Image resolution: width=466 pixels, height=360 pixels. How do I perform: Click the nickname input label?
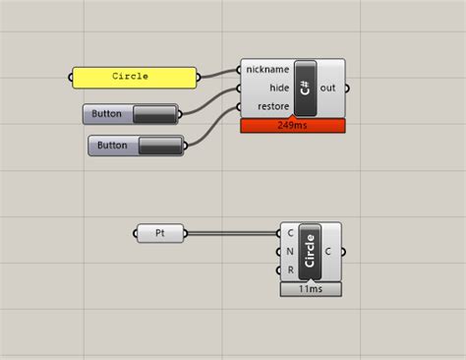(x=267, y=70)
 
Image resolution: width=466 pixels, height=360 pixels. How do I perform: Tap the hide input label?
(x=278, y=88)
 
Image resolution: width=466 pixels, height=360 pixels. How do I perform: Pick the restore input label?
(x=272, y=106)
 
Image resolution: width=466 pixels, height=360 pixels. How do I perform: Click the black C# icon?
(x=305, y=88)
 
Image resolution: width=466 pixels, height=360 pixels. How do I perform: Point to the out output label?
(x=327, y=88)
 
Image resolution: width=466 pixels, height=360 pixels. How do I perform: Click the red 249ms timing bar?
(x=292, y=126)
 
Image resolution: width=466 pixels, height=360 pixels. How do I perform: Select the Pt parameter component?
(x=160, y=233)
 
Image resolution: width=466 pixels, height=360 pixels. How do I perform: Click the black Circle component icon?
(x=310, y=251)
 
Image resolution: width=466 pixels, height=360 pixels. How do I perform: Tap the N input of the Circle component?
(x=289, y=251)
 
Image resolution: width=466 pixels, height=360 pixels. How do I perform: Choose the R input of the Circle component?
(x=289, y=270)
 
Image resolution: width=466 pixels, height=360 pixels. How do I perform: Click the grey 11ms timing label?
(x=310, y=289)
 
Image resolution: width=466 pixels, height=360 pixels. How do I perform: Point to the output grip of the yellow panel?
(x=200, y=77)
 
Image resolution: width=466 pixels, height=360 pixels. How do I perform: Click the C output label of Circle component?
(x=328, y=251)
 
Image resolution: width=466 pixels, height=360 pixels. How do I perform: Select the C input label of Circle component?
(x=289, y=233)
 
